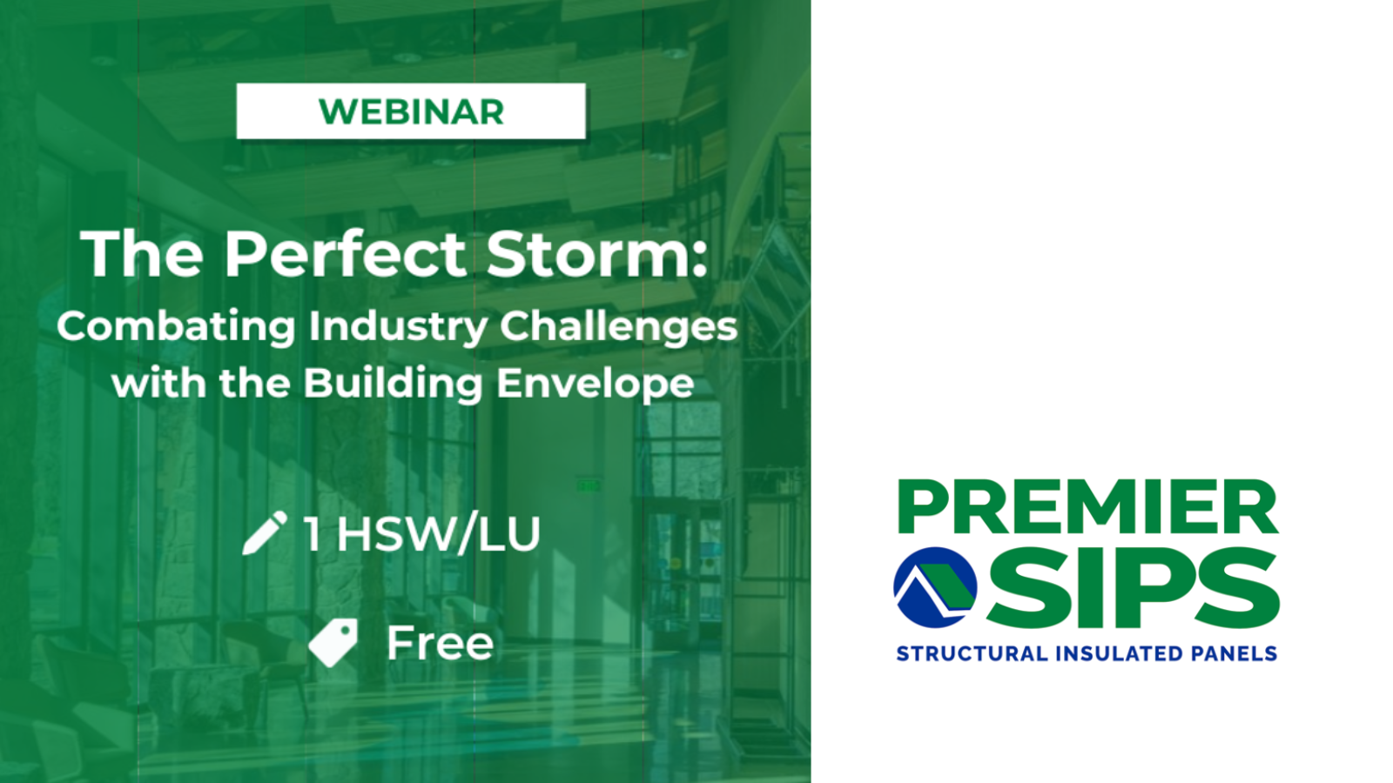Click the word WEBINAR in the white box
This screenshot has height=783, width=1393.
(x=411, y=112)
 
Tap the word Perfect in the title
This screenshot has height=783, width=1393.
(x=346, y=254)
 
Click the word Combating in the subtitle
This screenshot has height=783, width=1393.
(x=176, y=327)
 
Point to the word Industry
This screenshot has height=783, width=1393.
(x=398, y=327)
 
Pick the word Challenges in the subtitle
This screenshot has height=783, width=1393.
(x=618, y=327)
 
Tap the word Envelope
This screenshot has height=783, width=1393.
(x=596, y=384)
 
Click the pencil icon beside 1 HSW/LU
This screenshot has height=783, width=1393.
(x=265, y=532)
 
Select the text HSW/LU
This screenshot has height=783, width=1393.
(x=439, y=533)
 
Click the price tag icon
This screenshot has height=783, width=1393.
(x=333, y=643)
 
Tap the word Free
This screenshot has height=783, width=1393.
(x=440, y=643)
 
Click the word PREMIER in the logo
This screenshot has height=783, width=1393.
(x=1087, y=507)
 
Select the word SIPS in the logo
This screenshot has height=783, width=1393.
(x=1132, y=588)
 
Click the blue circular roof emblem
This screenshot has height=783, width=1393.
(x=935, y=587)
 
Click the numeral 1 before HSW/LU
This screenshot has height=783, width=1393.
(x=312, y=533)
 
